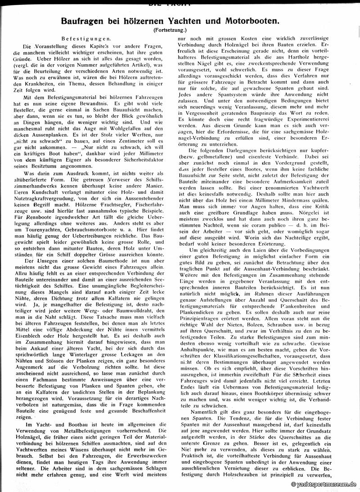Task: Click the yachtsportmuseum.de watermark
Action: click(324, 484)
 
